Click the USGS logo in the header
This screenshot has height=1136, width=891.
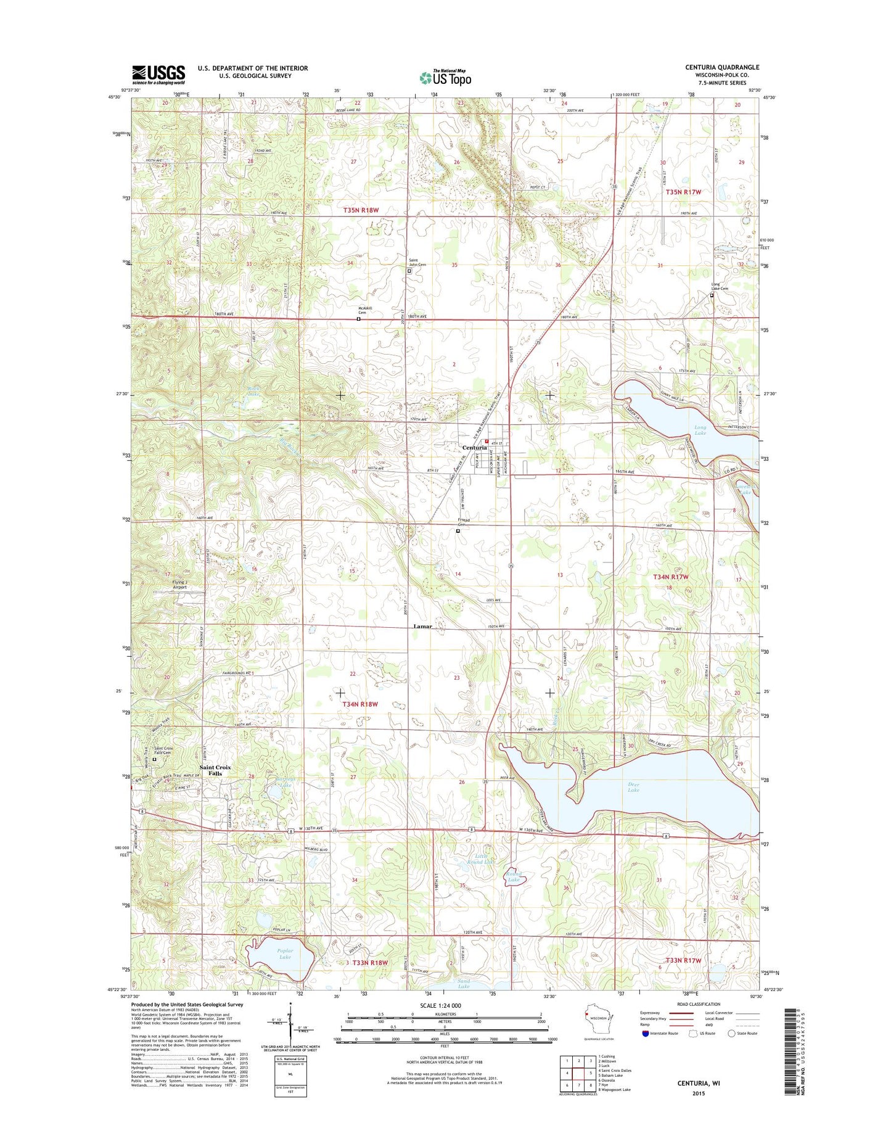click(158, 75)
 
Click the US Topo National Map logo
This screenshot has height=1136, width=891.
click(445, 77)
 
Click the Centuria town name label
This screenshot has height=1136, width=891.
click(475, 448)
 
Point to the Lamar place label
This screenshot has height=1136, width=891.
click(422, 626)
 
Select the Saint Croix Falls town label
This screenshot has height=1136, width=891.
click(215, 770)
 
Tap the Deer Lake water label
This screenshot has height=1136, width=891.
click(633, 787)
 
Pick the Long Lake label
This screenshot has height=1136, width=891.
click(700, 430)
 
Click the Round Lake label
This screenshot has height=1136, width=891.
click(514, 877)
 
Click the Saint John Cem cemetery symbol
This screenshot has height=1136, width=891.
click(409, 270)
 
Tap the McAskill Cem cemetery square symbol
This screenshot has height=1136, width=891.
click(358, 319)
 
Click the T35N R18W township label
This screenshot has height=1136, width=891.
click(361, 210)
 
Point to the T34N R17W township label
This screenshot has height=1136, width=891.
click(670, 577)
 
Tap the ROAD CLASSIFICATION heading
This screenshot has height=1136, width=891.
click(699, 1004)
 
